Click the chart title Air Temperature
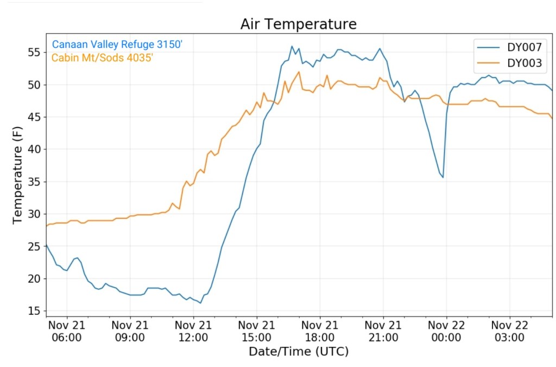tap(298, 24)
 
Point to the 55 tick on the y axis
tap(34, 53)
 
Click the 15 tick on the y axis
tap(34, 311)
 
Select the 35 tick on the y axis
tap(34, 182)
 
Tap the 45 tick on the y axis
tap(34, 117)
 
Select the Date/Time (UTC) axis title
tap(298, 352)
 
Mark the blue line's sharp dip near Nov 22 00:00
tap(443, 177)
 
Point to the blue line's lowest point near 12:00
tap(200, 302)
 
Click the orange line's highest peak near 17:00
tap(299, 72)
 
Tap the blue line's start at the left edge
tap(47, 245)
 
